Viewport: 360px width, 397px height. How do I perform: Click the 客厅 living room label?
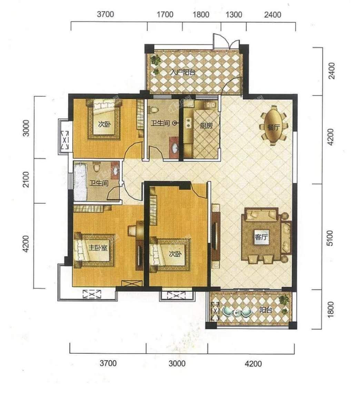[261, 237]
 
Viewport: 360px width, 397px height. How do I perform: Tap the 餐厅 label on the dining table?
[273, 127]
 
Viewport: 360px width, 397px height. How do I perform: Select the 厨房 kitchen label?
[206, 125]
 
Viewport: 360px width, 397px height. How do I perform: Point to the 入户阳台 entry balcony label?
[182, 72]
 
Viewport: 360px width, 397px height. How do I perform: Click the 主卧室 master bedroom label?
[98, 248]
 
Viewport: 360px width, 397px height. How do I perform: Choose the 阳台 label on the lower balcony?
[266, 310]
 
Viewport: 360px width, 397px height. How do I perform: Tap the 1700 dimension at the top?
[165, 14]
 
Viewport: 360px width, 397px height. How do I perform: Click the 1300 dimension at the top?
[233, 14]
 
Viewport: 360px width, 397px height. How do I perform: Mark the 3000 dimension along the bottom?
[177, 363]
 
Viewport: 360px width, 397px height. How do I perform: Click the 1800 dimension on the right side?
[330, 309]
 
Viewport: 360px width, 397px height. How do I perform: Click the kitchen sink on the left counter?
[188, 122]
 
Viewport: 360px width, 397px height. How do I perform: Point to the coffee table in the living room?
[261, 238]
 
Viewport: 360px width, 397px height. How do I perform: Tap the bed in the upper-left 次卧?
[104, 119]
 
